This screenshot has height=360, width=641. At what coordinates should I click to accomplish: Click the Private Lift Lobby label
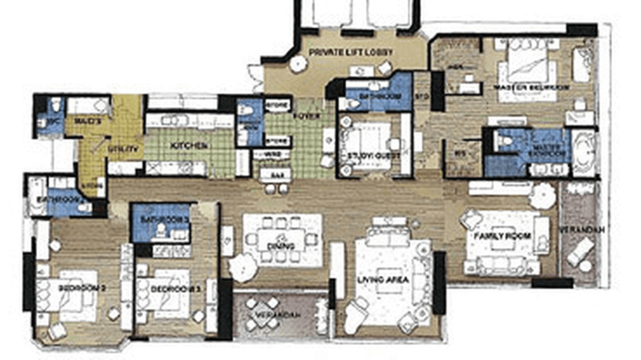[351, 52]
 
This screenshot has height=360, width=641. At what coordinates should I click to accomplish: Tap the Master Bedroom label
[531, 88]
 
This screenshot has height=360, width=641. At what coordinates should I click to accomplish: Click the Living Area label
[383, 280]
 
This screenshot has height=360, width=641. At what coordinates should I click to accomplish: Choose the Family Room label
[502, 236]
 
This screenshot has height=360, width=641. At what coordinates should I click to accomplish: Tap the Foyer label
[300, 116]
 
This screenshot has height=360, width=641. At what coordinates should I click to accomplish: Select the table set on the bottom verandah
[260, 314]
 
